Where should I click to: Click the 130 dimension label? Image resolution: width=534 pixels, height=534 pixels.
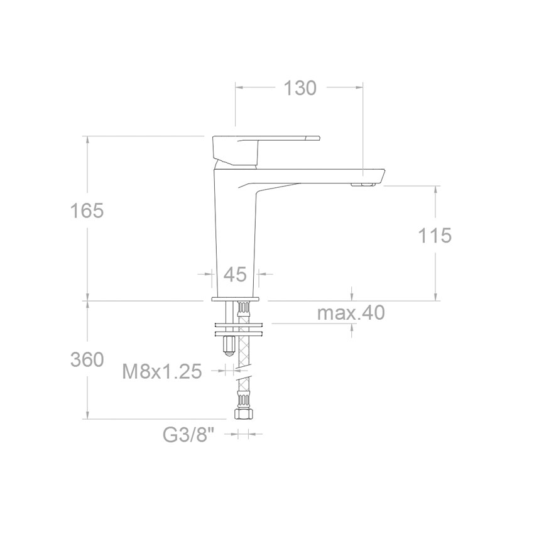pyautogui.click(x=300, y=88)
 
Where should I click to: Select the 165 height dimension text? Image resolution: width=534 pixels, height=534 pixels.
pyautogui.click(x=87, y=210)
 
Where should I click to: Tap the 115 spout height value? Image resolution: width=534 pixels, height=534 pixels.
pyautogui.click(x=435, y=236)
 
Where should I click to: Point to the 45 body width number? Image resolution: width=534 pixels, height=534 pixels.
pyautogui.click(x=235, y=274)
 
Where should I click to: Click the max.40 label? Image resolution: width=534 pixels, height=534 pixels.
pyautogui.click(x=351, y=313)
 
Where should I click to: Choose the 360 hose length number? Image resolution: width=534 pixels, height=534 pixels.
pyautogui.click(x=87, y=359)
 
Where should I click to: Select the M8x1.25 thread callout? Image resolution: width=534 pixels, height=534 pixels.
pyautogui.click(x=162, y=371)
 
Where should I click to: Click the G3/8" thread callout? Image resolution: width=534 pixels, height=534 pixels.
pyautogui.click(x=188, y=435)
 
